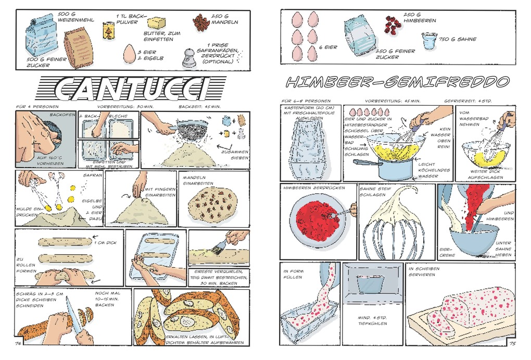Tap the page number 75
(x=512, y=343)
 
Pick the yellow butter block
(x=156, y=23)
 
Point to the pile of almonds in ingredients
(x=200, y=23)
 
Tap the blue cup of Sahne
(x=429, y=41)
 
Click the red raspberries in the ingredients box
(x=393, y=24)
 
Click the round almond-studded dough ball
(x=212, y=204)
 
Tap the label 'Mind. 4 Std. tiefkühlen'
(x=372, y=321)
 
